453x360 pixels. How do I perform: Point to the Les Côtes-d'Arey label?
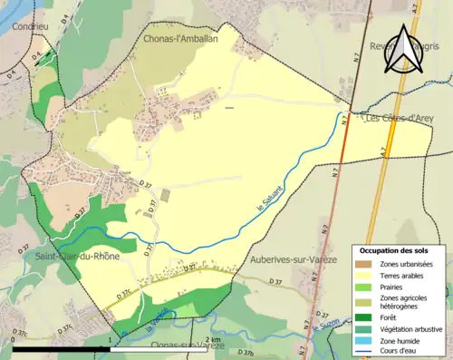400,118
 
